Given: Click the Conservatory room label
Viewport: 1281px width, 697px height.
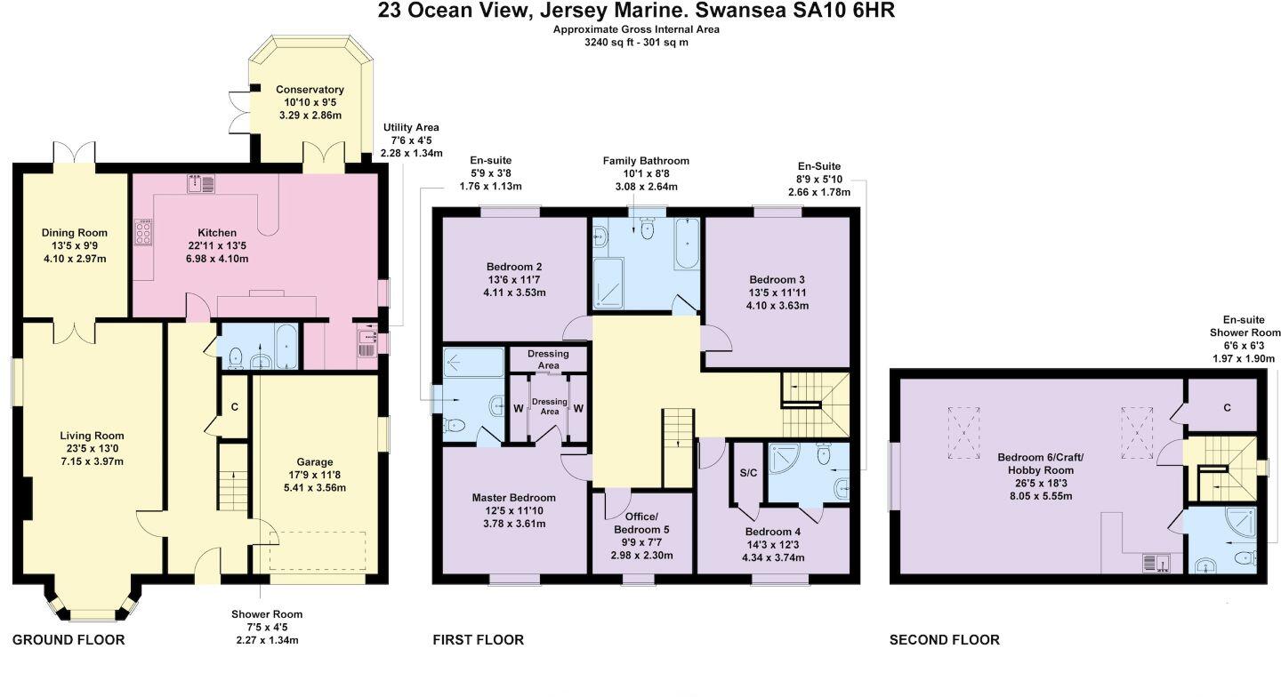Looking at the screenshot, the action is click(310, 90).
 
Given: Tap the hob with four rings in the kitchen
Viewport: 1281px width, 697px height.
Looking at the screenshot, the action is click(143, 232).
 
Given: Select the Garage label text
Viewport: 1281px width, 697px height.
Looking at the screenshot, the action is click(315, 461).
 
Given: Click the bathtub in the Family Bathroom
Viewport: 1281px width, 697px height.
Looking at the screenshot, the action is click(686, 244).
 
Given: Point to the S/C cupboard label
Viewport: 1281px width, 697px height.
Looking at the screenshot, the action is click(748, 472).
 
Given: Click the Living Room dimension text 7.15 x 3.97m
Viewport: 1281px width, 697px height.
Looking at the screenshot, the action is click(93, 461).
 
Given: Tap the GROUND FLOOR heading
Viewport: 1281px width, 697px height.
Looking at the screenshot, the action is click(68, 640).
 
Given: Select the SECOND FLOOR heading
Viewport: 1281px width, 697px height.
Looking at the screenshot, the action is click(945, 640).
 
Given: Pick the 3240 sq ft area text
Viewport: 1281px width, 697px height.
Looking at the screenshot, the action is click(611, 43).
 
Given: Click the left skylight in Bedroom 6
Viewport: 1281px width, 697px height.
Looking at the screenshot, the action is click(963, 432).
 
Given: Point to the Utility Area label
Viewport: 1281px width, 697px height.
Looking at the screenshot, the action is click(411, 127).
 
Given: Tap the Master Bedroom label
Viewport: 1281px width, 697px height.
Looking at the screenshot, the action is click(513, 498).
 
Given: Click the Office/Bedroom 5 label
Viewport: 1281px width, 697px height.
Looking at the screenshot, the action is click(641, 523).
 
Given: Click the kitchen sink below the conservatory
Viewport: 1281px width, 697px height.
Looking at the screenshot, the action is click(201, 184).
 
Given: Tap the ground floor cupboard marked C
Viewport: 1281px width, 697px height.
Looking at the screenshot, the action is click(235, 407).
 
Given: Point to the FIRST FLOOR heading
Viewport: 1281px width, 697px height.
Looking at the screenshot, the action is click(478, 640).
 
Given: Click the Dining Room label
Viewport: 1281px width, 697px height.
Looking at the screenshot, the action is click(75, 233).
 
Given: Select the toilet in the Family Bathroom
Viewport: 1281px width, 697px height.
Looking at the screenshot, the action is click(648, 228).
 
